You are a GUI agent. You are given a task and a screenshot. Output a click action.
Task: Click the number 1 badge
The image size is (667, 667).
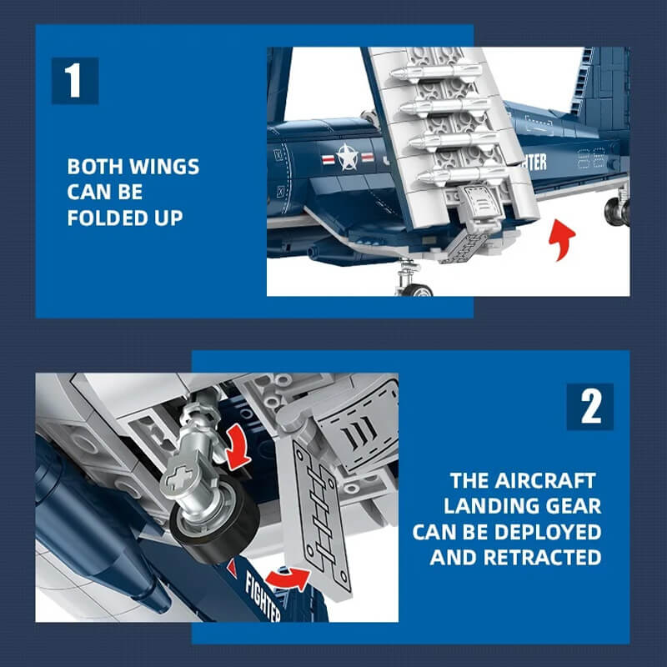(x=75, y=80)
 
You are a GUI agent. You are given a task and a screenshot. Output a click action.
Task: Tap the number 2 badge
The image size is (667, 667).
(x=590, y=407)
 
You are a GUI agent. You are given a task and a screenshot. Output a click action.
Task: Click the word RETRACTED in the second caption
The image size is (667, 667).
(x=543, y=557)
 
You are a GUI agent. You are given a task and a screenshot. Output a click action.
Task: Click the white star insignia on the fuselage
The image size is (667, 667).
(x=348, y=158)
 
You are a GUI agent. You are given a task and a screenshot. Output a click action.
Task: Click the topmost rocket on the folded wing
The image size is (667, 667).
(x=436, y=73)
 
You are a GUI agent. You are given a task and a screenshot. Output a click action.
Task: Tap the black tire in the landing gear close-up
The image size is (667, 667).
(x=215, y=521)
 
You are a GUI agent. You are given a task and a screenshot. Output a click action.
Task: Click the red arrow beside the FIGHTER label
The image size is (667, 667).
(x=288, y=579)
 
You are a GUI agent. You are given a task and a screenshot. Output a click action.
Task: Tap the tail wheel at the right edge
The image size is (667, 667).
(x=617, y=212)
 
